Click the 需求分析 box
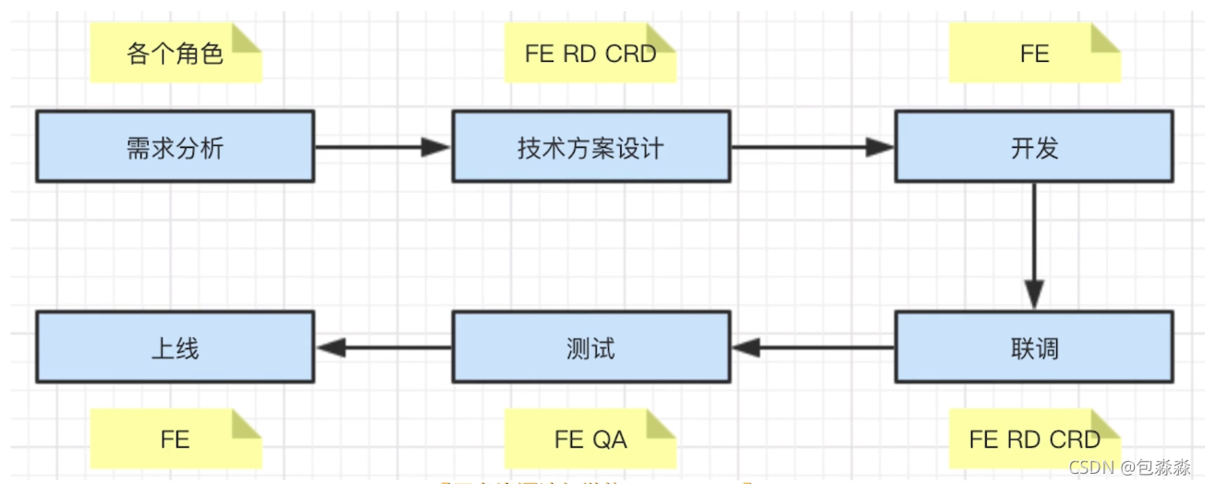(x=175, y=146)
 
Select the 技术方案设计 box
(x=590, y=146)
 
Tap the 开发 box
(x=1033, y=146)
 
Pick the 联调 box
(x=1033, y=347)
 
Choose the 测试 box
(x=590, y=347)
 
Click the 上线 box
(x=175, y=347)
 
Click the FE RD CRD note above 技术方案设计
(x=590, y=54)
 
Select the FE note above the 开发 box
(x=1034, y=54)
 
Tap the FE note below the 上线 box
(x=175, y=439)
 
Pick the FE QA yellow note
(x=590, y=439)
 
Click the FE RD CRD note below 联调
(x=1034, y=439)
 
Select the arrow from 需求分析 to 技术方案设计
(x=383, y=146)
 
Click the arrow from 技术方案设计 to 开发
(x=812, y=146)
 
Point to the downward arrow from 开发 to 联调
(x=1033, y=246)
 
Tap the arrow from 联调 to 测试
(x=812, y=347)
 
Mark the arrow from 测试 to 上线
(x=383, y=347)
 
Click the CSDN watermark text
(x=1129, y=468)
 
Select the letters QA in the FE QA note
(x=610, y=439)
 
